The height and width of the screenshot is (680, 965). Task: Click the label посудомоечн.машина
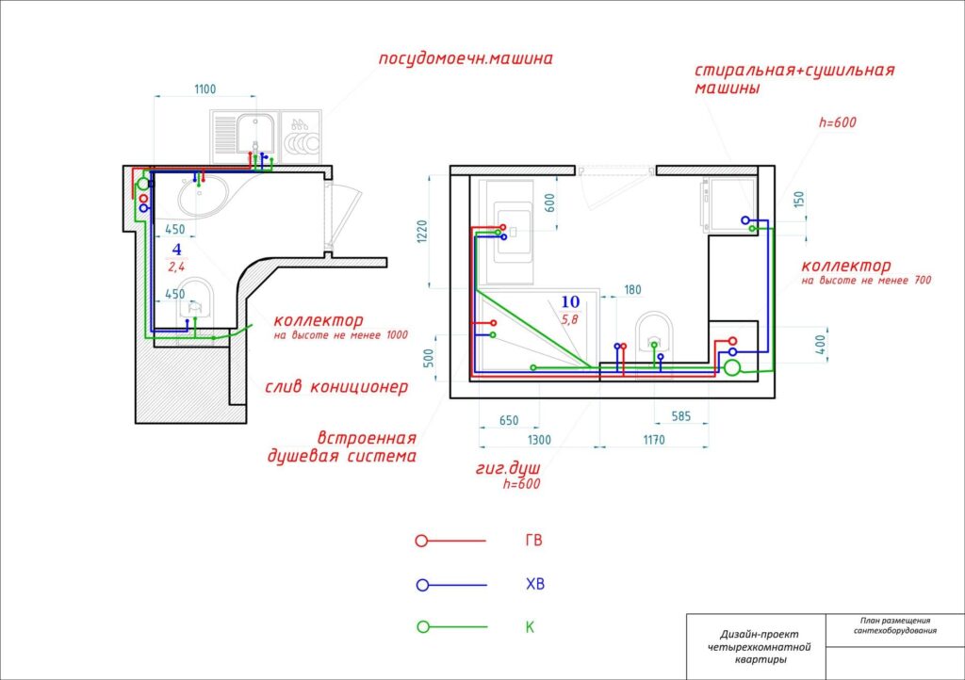tap(466, 59)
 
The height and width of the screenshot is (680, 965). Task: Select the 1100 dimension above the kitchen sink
tap(204, 89)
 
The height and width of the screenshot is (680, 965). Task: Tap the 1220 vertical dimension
tap(422, 231)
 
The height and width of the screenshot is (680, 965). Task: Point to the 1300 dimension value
tap(539, 440)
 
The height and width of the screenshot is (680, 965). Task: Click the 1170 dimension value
tap(654, 440)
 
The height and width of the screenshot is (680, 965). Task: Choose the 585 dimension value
tap(680, 416)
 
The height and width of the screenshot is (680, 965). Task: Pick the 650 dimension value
tap(508, 421)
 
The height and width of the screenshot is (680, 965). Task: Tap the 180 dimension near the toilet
tap(632, 289)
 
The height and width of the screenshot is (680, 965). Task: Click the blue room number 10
tap(570, 302)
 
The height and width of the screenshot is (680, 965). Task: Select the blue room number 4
tap(176, 250)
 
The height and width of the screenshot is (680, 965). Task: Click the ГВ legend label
tap(533, 540)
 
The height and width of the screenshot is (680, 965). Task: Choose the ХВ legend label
tap(535, 584)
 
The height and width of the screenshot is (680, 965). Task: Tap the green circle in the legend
tap(423, 626)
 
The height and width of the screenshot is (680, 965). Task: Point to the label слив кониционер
tap(336, 387)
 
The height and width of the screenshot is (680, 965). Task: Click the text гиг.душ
tap(508, 468)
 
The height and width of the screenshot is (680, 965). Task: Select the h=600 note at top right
tap(837, 122)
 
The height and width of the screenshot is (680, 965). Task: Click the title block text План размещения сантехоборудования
tap(895, 625)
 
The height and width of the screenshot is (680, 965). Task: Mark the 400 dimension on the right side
tap(820, 345)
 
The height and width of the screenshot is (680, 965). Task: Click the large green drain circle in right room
tap(731, 367)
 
